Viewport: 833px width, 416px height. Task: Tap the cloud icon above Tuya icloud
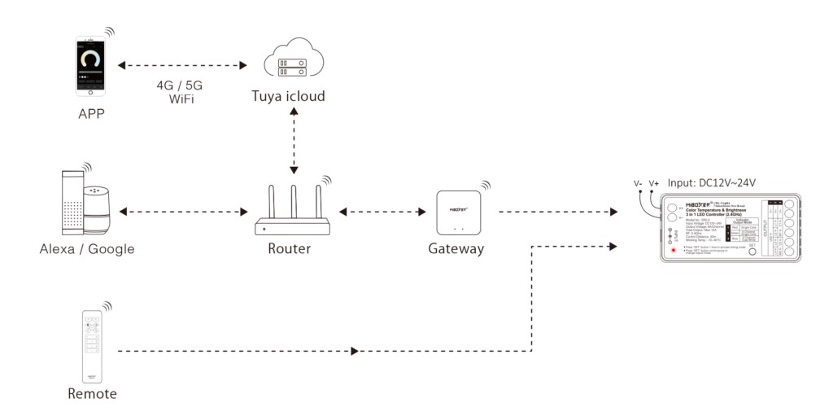[x=294, y=63]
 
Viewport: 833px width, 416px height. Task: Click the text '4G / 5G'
[x=180, y=85]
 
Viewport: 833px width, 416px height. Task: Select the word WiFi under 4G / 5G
[x=180, y=99]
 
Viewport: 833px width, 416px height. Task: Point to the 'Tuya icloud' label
[x=288, y=97]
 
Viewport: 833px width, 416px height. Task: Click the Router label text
[x=289, y=248]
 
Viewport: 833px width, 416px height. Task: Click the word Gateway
[x=456, y=248]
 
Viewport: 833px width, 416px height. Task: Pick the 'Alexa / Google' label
[x=87, y=248]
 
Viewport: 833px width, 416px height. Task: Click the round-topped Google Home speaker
[x=98, y=208]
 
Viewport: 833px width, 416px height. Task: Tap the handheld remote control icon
[x=91, y=346]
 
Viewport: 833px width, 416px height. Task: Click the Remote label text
[x=92, y=394]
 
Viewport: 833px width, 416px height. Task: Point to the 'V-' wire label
[x=639, y=183]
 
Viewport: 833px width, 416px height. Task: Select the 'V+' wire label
[x=654, y=183]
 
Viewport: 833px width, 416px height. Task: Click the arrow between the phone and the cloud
[x=182, y=63]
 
